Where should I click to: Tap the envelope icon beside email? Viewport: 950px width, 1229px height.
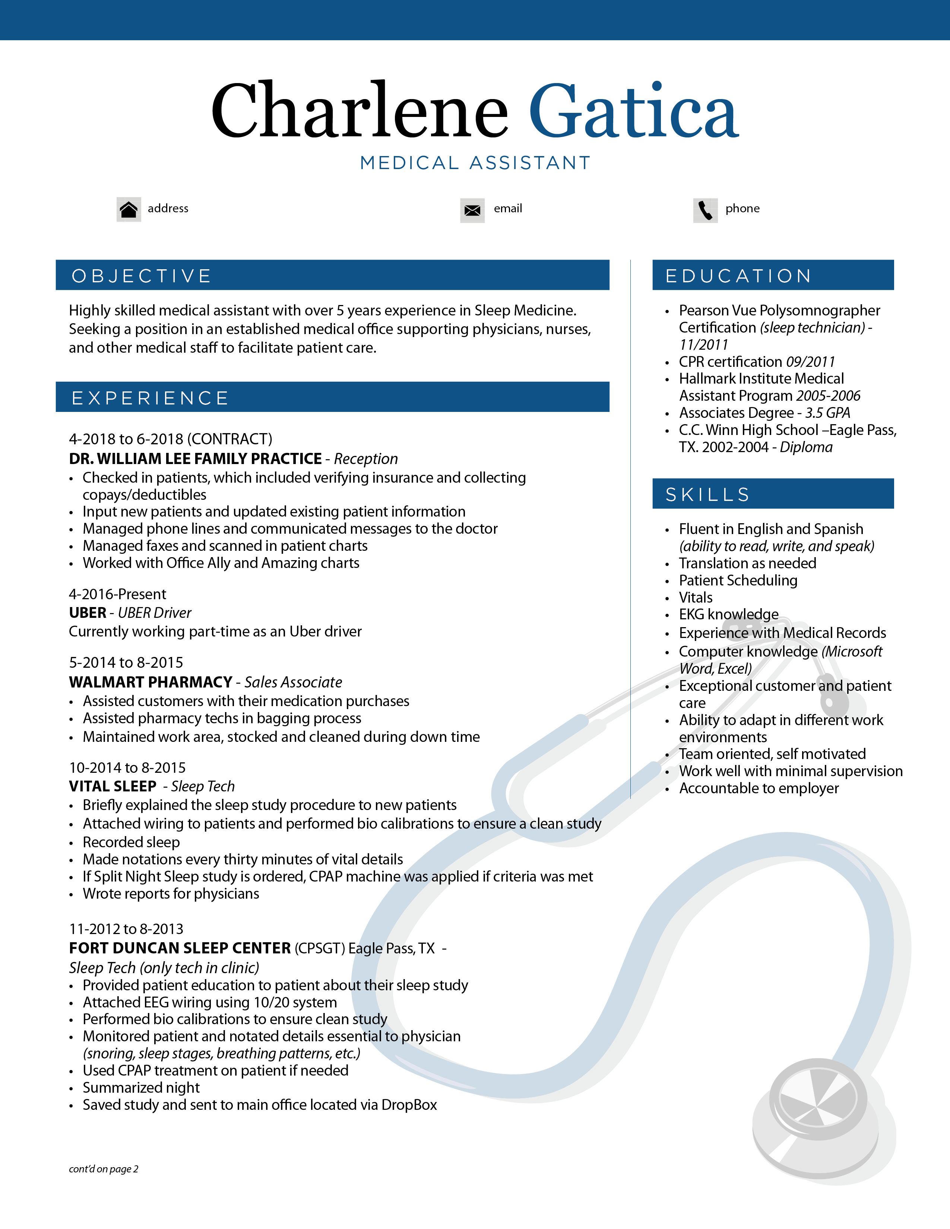click(472, 210)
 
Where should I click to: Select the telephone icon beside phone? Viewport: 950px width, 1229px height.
click(705, 210)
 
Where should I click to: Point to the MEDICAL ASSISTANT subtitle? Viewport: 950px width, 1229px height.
click(475, 163)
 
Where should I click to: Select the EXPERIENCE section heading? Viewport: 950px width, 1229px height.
click(150, 398)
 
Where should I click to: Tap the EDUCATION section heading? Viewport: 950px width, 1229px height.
click(738, 276)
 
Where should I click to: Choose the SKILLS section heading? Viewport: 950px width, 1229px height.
click(707, 495)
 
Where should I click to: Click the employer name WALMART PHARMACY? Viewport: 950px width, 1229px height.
click(150, 682)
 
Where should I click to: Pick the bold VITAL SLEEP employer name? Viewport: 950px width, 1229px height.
click(113, 786)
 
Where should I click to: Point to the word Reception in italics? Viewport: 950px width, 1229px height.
click(366, 458)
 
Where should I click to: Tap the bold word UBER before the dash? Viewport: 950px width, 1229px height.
click(87, 613)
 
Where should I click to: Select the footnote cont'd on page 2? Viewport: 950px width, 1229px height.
click(104, 1169)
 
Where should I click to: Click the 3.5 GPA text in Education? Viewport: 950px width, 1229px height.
click(827, 413)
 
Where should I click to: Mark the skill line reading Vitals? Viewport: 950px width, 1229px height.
click(696, 598)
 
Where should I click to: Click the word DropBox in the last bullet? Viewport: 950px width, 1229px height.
click(409, 1105)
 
